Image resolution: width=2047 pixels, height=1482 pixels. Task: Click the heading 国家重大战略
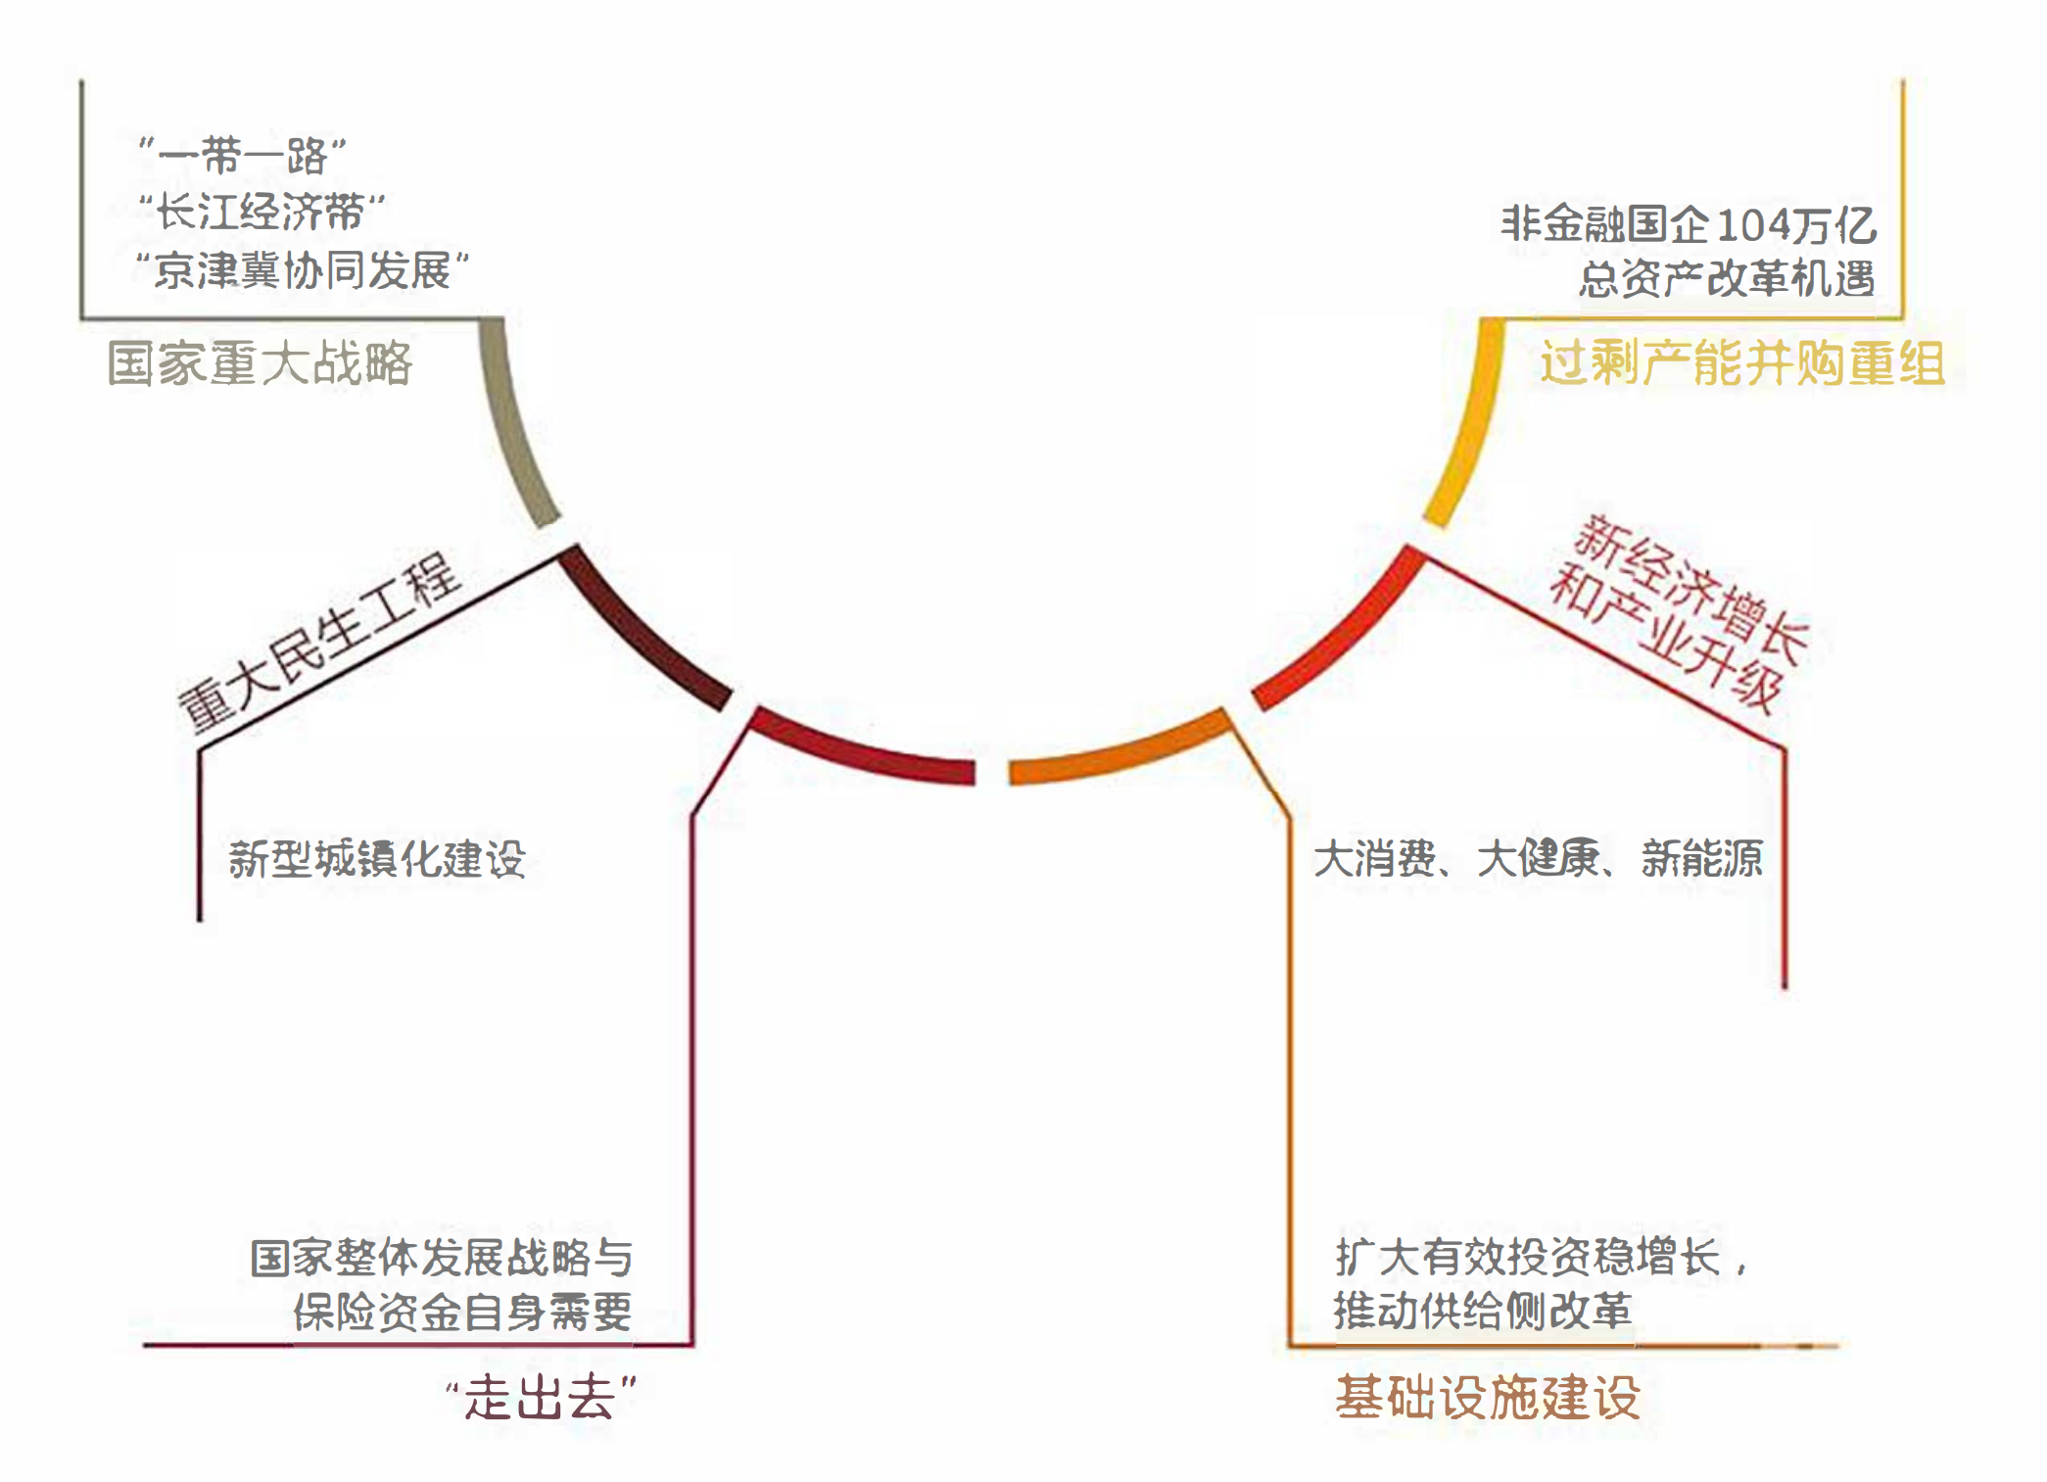click(260, 363)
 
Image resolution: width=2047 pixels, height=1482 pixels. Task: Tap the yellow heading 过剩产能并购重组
click(1741, 363)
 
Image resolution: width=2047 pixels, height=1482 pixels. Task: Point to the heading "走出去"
click(541, 1397)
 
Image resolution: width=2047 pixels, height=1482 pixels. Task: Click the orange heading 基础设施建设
click(1488, 1397)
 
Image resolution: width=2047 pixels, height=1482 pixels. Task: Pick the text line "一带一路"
click(242, 155)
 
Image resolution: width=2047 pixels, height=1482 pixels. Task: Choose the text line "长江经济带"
click(262, 212)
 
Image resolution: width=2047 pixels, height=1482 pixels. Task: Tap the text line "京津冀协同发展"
click(303, 269)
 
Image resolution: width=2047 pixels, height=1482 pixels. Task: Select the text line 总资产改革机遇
click(1727, 279)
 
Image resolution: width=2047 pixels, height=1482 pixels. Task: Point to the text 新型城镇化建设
click(377, 859)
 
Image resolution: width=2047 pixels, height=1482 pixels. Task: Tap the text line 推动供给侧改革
click(1483, 1311)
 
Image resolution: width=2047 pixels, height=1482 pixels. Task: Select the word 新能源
click(1702, 859)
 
